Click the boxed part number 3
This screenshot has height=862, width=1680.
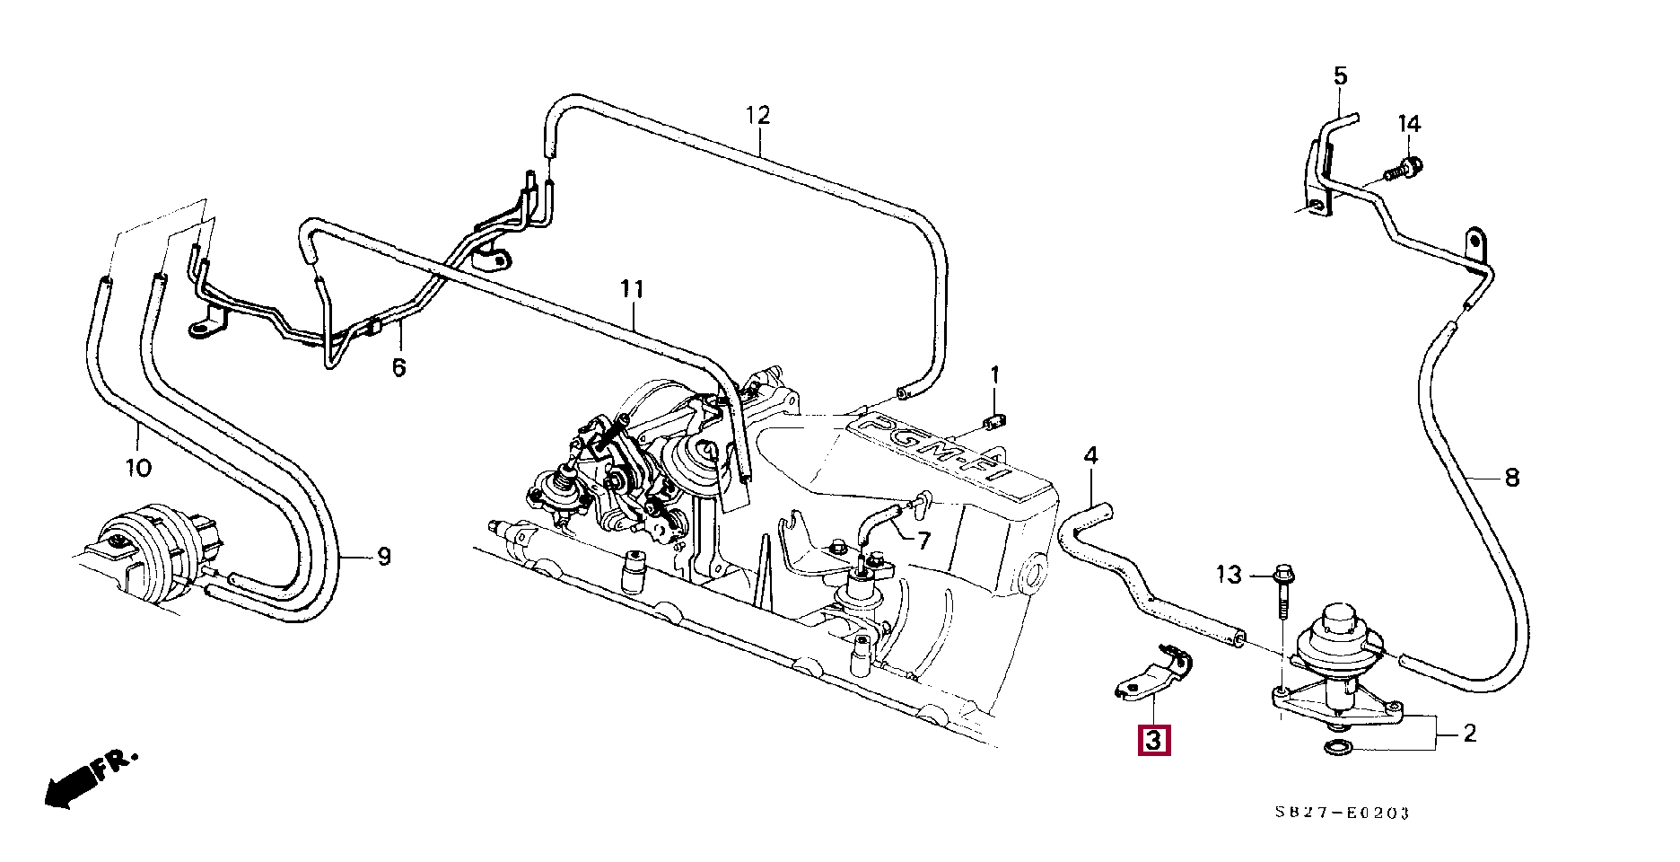click(1154, 741)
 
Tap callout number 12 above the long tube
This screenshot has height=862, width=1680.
click(758, 116)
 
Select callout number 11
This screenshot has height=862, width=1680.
click(633, 289)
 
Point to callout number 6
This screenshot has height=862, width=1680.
click(398, 367)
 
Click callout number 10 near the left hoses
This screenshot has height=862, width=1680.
click(138, 468)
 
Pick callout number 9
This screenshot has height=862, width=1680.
click(384, 557)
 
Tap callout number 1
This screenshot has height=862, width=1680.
click(994, 374)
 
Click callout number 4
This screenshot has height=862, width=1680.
click(1090, 455)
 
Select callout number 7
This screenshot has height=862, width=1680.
click(923, 541)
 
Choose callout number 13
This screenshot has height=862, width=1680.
click(1229, 574)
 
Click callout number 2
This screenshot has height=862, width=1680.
click(1469, 734)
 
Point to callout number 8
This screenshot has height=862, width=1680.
click(1512, 478)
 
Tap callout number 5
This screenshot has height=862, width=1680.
click(1340, 76)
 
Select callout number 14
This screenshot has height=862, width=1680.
click(1409, 124)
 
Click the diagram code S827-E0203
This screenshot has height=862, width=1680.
click(1343, 813)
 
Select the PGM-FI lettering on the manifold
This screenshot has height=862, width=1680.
click(933, 456)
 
